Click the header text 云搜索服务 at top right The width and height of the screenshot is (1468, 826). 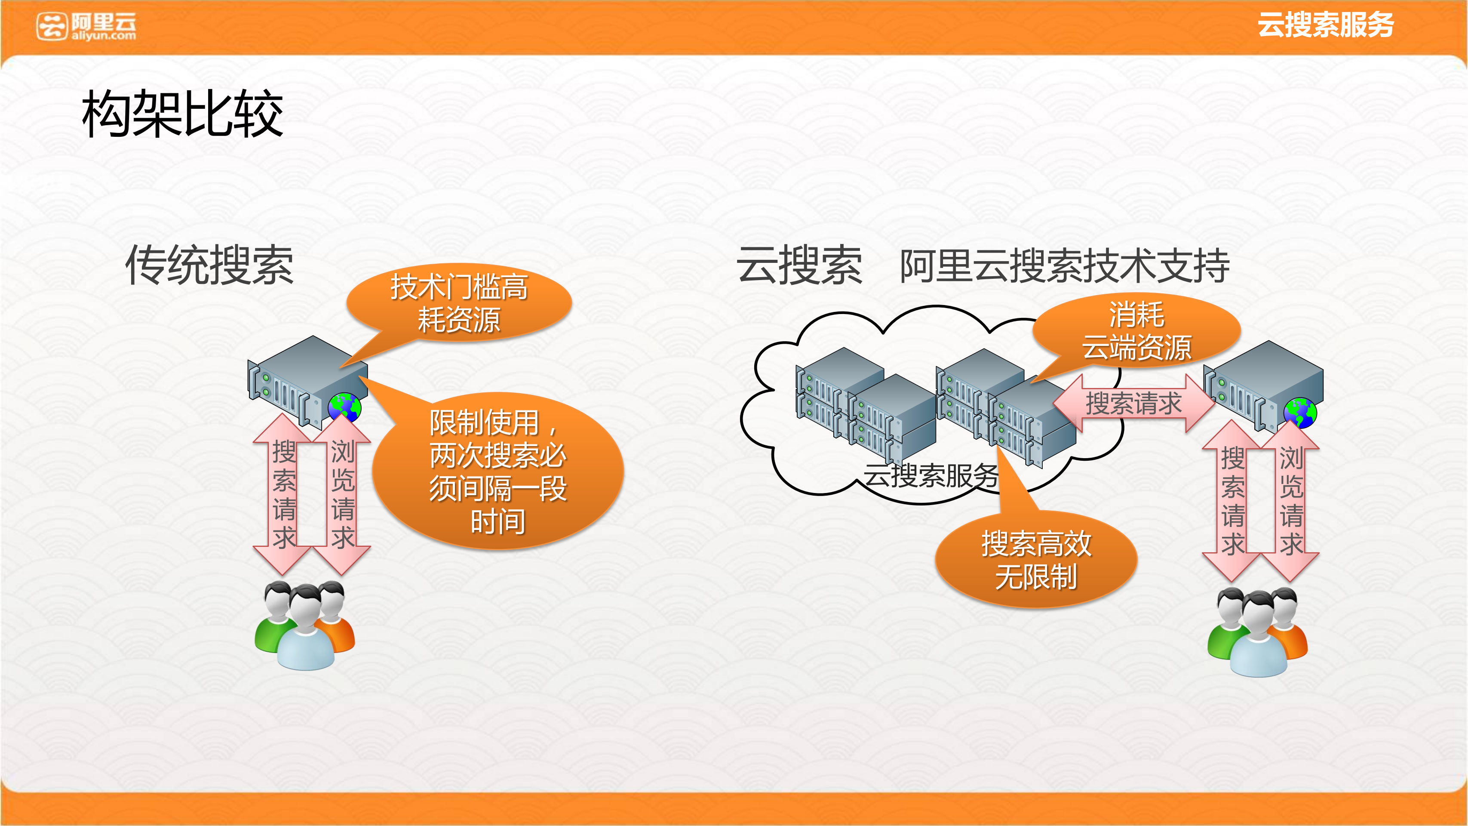[x=1325, y=25]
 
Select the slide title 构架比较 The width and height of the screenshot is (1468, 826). [x=182, y=114]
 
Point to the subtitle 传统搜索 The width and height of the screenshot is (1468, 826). [x=209, y=265]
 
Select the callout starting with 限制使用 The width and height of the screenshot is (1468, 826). [x=498, y=471]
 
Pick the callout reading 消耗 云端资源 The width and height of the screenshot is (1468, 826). [x=1136, y=331]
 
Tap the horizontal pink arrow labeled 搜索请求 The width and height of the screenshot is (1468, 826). [x=1133, y=404]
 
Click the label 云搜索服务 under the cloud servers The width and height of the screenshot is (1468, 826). [x=931, y=475]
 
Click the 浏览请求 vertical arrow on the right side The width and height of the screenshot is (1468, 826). [x=1291, y=500]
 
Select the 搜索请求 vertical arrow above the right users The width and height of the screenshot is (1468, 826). [x=1232, y=500]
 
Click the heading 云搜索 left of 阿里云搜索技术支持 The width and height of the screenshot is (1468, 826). [x=799, y=265]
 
